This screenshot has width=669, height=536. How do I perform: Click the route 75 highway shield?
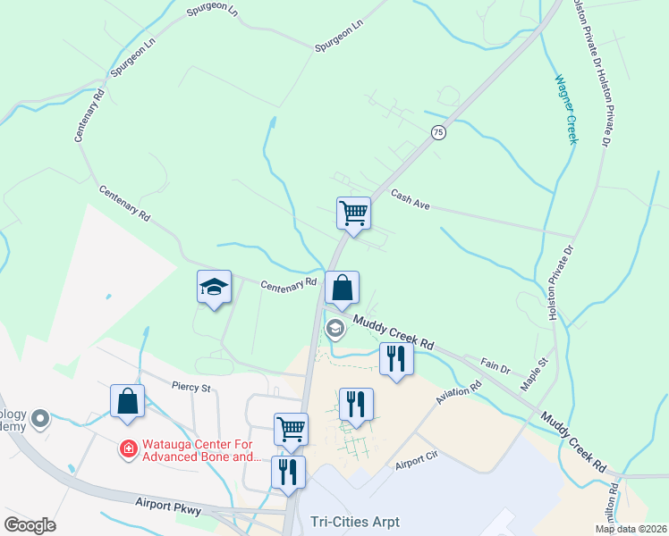point(437,132)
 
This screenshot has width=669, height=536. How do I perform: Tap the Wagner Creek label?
point(566,109)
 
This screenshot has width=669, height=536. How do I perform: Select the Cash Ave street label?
point(411,201)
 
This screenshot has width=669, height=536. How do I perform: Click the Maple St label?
point(533,375)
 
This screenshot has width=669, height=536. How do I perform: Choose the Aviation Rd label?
point(459,395)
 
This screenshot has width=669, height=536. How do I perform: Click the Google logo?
point(30,525)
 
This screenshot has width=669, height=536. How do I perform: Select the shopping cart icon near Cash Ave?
point(353,213)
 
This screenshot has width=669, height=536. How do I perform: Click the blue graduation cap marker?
point(214,287)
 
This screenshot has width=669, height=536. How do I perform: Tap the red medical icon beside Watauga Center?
point(130,448)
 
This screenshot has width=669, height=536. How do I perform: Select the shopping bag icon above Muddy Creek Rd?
point(342,288)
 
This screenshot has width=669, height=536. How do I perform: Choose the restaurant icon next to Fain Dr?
point(394,358)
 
